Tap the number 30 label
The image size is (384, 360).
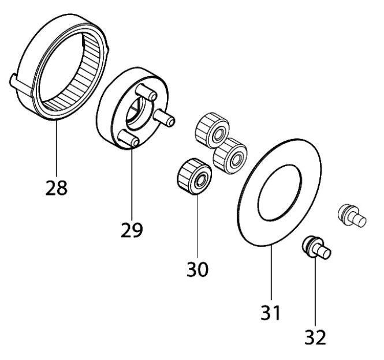(197, 268)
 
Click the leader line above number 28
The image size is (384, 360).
(57, 150)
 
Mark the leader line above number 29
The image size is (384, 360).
(132, 185)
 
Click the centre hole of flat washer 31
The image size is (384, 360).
(280, 191)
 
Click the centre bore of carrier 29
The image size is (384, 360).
(137, 113)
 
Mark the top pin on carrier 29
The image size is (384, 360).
(147, 92)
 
